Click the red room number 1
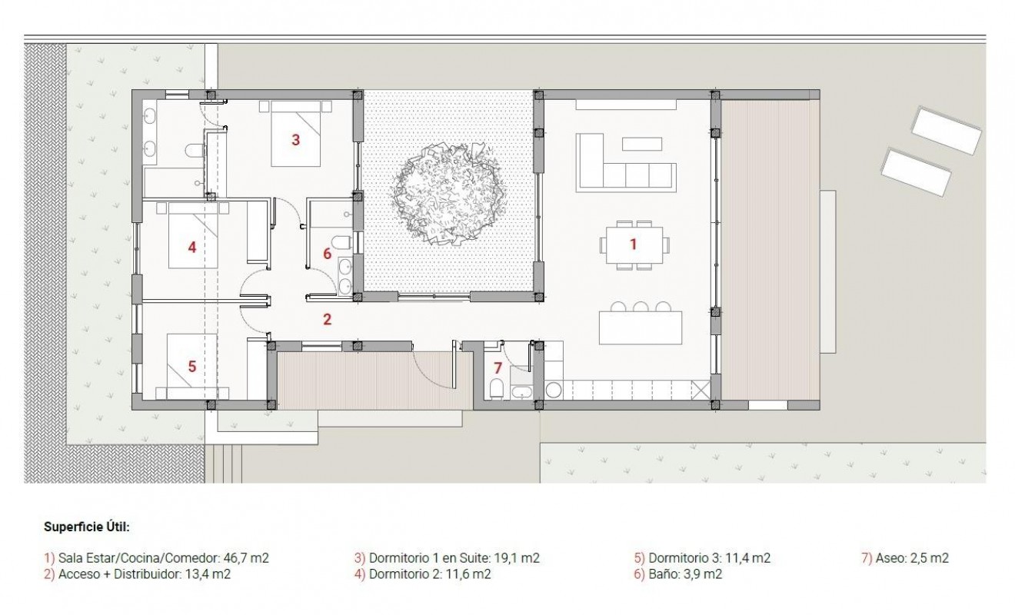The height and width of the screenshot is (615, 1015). click(x=634, y=244)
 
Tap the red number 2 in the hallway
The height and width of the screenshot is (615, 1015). click(x=327, y=319)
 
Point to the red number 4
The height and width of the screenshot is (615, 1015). click(x=192, y=247)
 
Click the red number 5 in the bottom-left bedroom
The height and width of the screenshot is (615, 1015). click(x=192, y=367)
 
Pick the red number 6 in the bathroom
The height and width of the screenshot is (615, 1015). click(x=327, y=253)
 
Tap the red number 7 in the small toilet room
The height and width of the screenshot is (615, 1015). click(x=498, y=367)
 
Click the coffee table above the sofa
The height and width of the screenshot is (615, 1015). click(x=641, y=143)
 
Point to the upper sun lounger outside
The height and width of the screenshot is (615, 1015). click(x=947, y=130)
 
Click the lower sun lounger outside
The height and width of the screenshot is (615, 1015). click(x=917, y=172)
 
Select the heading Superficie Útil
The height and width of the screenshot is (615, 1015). click(x=86, y=527)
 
